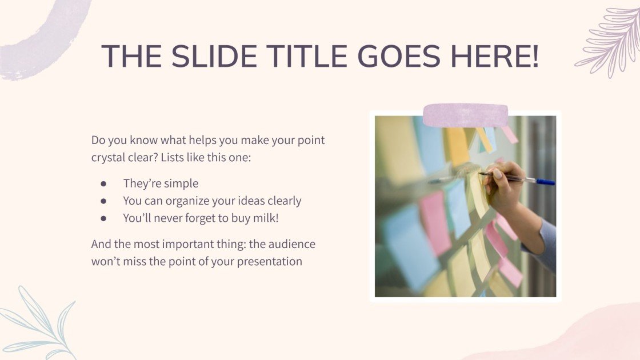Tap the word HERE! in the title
(x=495, y=56)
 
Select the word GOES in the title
(x=399, y=56)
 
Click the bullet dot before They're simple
(x=103, y=184)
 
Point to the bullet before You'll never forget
(x=103, y=219)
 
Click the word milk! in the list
(x=266, y=218)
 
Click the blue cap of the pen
(x=545, y=182)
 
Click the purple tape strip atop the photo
(x=466, y=115)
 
